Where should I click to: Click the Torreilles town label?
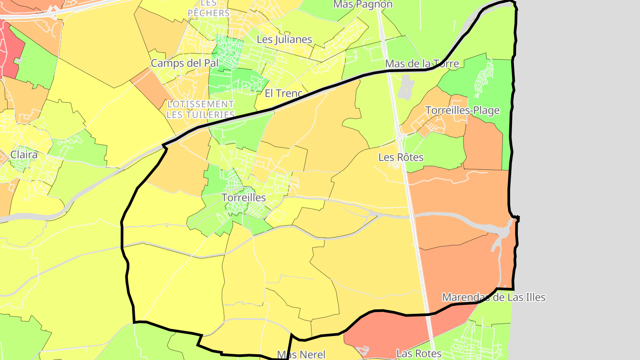pos(244,197)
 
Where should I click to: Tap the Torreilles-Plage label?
pos(462,110)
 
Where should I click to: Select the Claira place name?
pos(24,155)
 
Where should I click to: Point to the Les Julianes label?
pos(284,39)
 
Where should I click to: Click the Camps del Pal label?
pos(184,63)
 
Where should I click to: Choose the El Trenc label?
pos(283,93)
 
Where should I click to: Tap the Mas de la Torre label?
pos(422,64)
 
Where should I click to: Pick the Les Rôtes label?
pos(401,157)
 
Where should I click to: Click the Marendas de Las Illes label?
pos(493,297)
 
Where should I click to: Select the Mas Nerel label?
pos(301,354)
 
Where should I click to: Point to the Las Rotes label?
pos(419,353)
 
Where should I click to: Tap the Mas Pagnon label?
pos(363,4)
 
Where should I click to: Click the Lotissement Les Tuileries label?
pos(200,109)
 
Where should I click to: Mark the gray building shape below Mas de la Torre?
pos(405,87)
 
